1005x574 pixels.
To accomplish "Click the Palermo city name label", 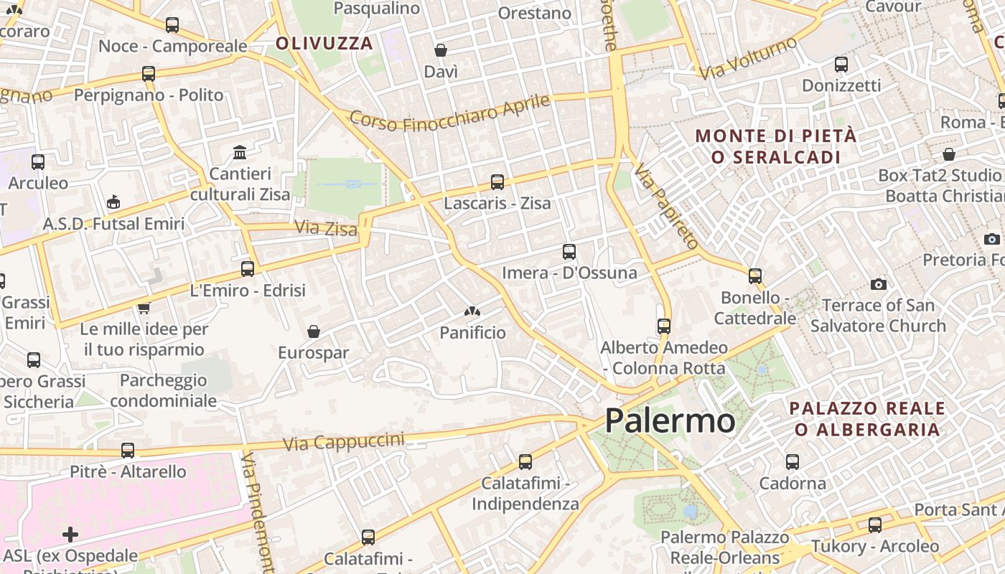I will tap(670, 421).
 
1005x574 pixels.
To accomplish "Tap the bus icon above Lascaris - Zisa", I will tap(497, 182).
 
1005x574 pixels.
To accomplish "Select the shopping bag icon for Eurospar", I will tap(313, 331).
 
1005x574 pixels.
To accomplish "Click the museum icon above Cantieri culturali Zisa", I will tap(240, 153).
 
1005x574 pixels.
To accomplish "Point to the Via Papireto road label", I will tap(665, 206).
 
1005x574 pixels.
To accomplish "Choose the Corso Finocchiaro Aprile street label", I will tap(449, 113).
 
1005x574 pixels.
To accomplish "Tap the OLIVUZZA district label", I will tap(324, 43).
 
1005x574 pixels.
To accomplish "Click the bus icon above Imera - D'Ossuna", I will tap(569, 252).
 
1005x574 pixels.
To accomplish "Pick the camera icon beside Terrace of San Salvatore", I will tap(878, 285).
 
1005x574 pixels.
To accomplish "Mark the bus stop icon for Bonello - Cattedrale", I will tap(754, 276).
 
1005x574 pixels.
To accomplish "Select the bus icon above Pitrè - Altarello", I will tap(128, 451).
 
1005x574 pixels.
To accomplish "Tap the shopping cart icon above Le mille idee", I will tap(144, 308).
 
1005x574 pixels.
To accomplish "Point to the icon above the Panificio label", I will tap(472, 311).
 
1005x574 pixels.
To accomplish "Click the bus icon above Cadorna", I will tap(793, 462).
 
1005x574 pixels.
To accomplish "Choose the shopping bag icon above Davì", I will tap(441, 50).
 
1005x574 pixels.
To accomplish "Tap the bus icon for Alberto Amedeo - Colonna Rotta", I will tap(664, 326).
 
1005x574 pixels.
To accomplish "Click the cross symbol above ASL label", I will tap(70, 535).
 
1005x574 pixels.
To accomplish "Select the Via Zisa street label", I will tap(325, 229).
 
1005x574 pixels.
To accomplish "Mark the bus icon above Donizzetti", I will tap(841, 65).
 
